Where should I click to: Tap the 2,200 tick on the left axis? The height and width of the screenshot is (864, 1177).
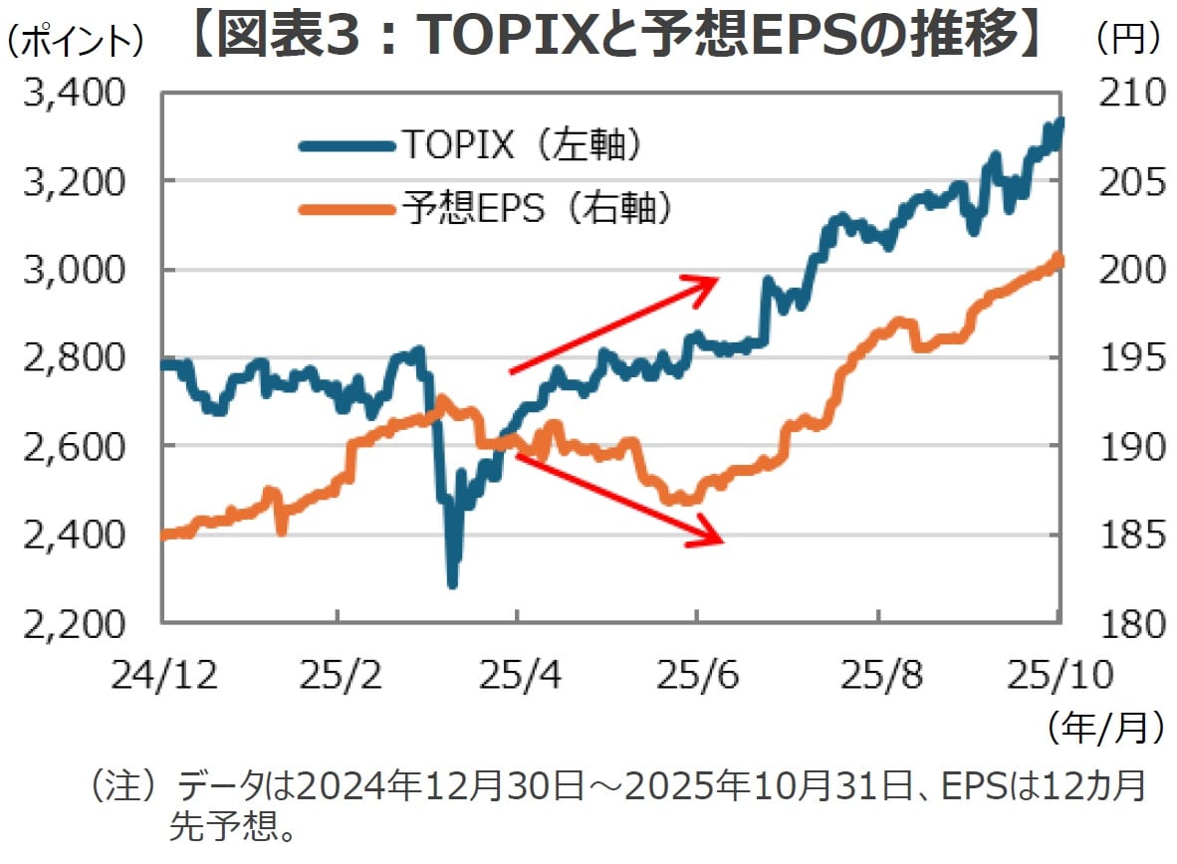[x=71, y=623]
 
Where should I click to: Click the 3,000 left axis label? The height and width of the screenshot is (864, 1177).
[x=71, y=270]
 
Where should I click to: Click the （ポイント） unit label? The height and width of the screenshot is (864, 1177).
[x=74, y=39]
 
